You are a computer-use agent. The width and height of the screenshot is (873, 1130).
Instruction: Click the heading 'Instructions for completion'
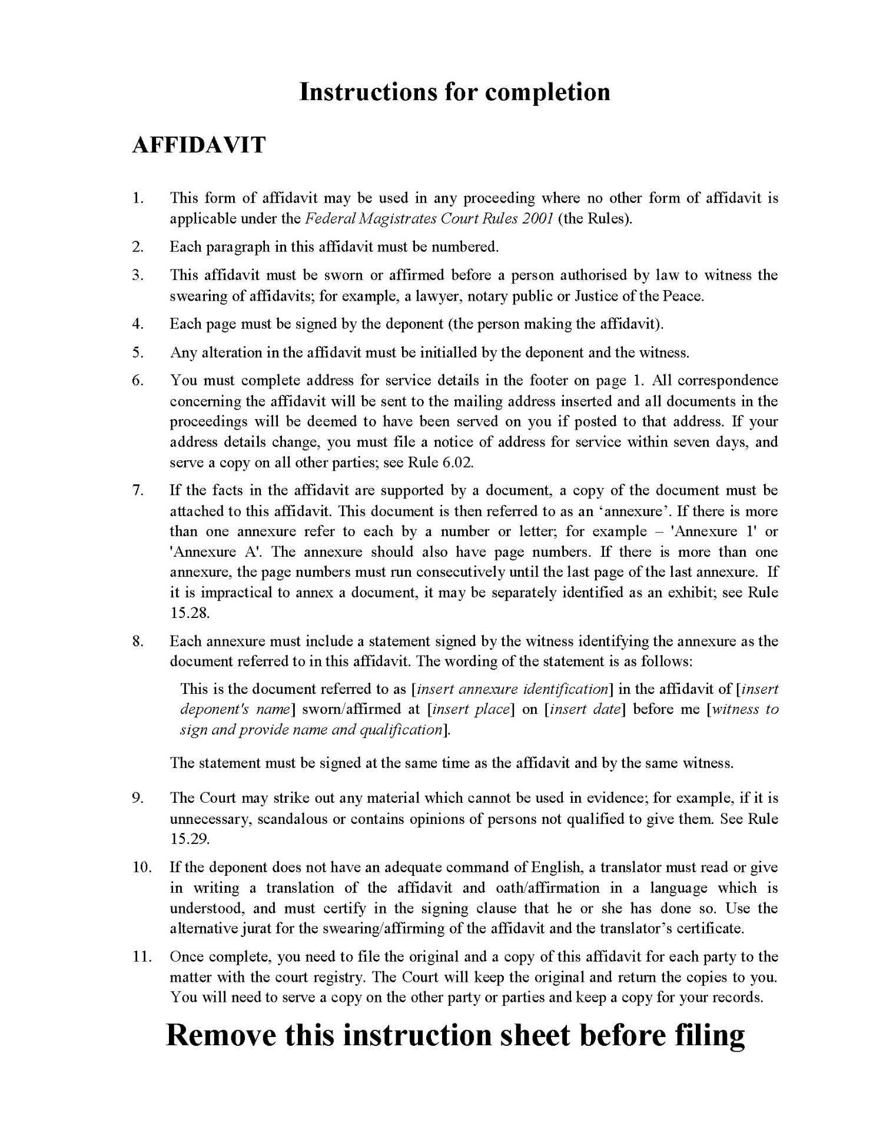(454, 92)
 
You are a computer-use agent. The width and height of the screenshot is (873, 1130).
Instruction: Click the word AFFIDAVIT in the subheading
(198, 145)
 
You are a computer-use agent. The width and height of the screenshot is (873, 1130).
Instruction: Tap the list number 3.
(138, 275)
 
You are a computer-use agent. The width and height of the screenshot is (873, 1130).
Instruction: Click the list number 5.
(138, 353)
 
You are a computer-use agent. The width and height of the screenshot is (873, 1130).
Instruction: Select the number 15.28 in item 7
(190, 613)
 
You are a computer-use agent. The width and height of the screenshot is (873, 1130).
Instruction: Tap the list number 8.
(138, 641)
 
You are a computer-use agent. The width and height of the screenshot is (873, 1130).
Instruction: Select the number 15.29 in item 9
(190, 839)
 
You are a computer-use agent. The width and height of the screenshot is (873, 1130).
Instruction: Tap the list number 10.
(141, 867)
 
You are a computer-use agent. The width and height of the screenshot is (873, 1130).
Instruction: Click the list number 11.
(141, 956)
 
